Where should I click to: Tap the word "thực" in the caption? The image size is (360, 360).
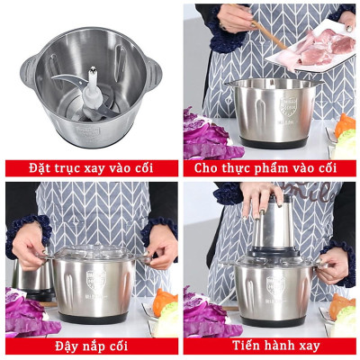236,168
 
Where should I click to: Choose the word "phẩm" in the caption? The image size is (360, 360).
278,168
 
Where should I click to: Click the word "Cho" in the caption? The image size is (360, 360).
203,168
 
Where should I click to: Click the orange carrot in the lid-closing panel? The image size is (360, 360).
163,301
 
